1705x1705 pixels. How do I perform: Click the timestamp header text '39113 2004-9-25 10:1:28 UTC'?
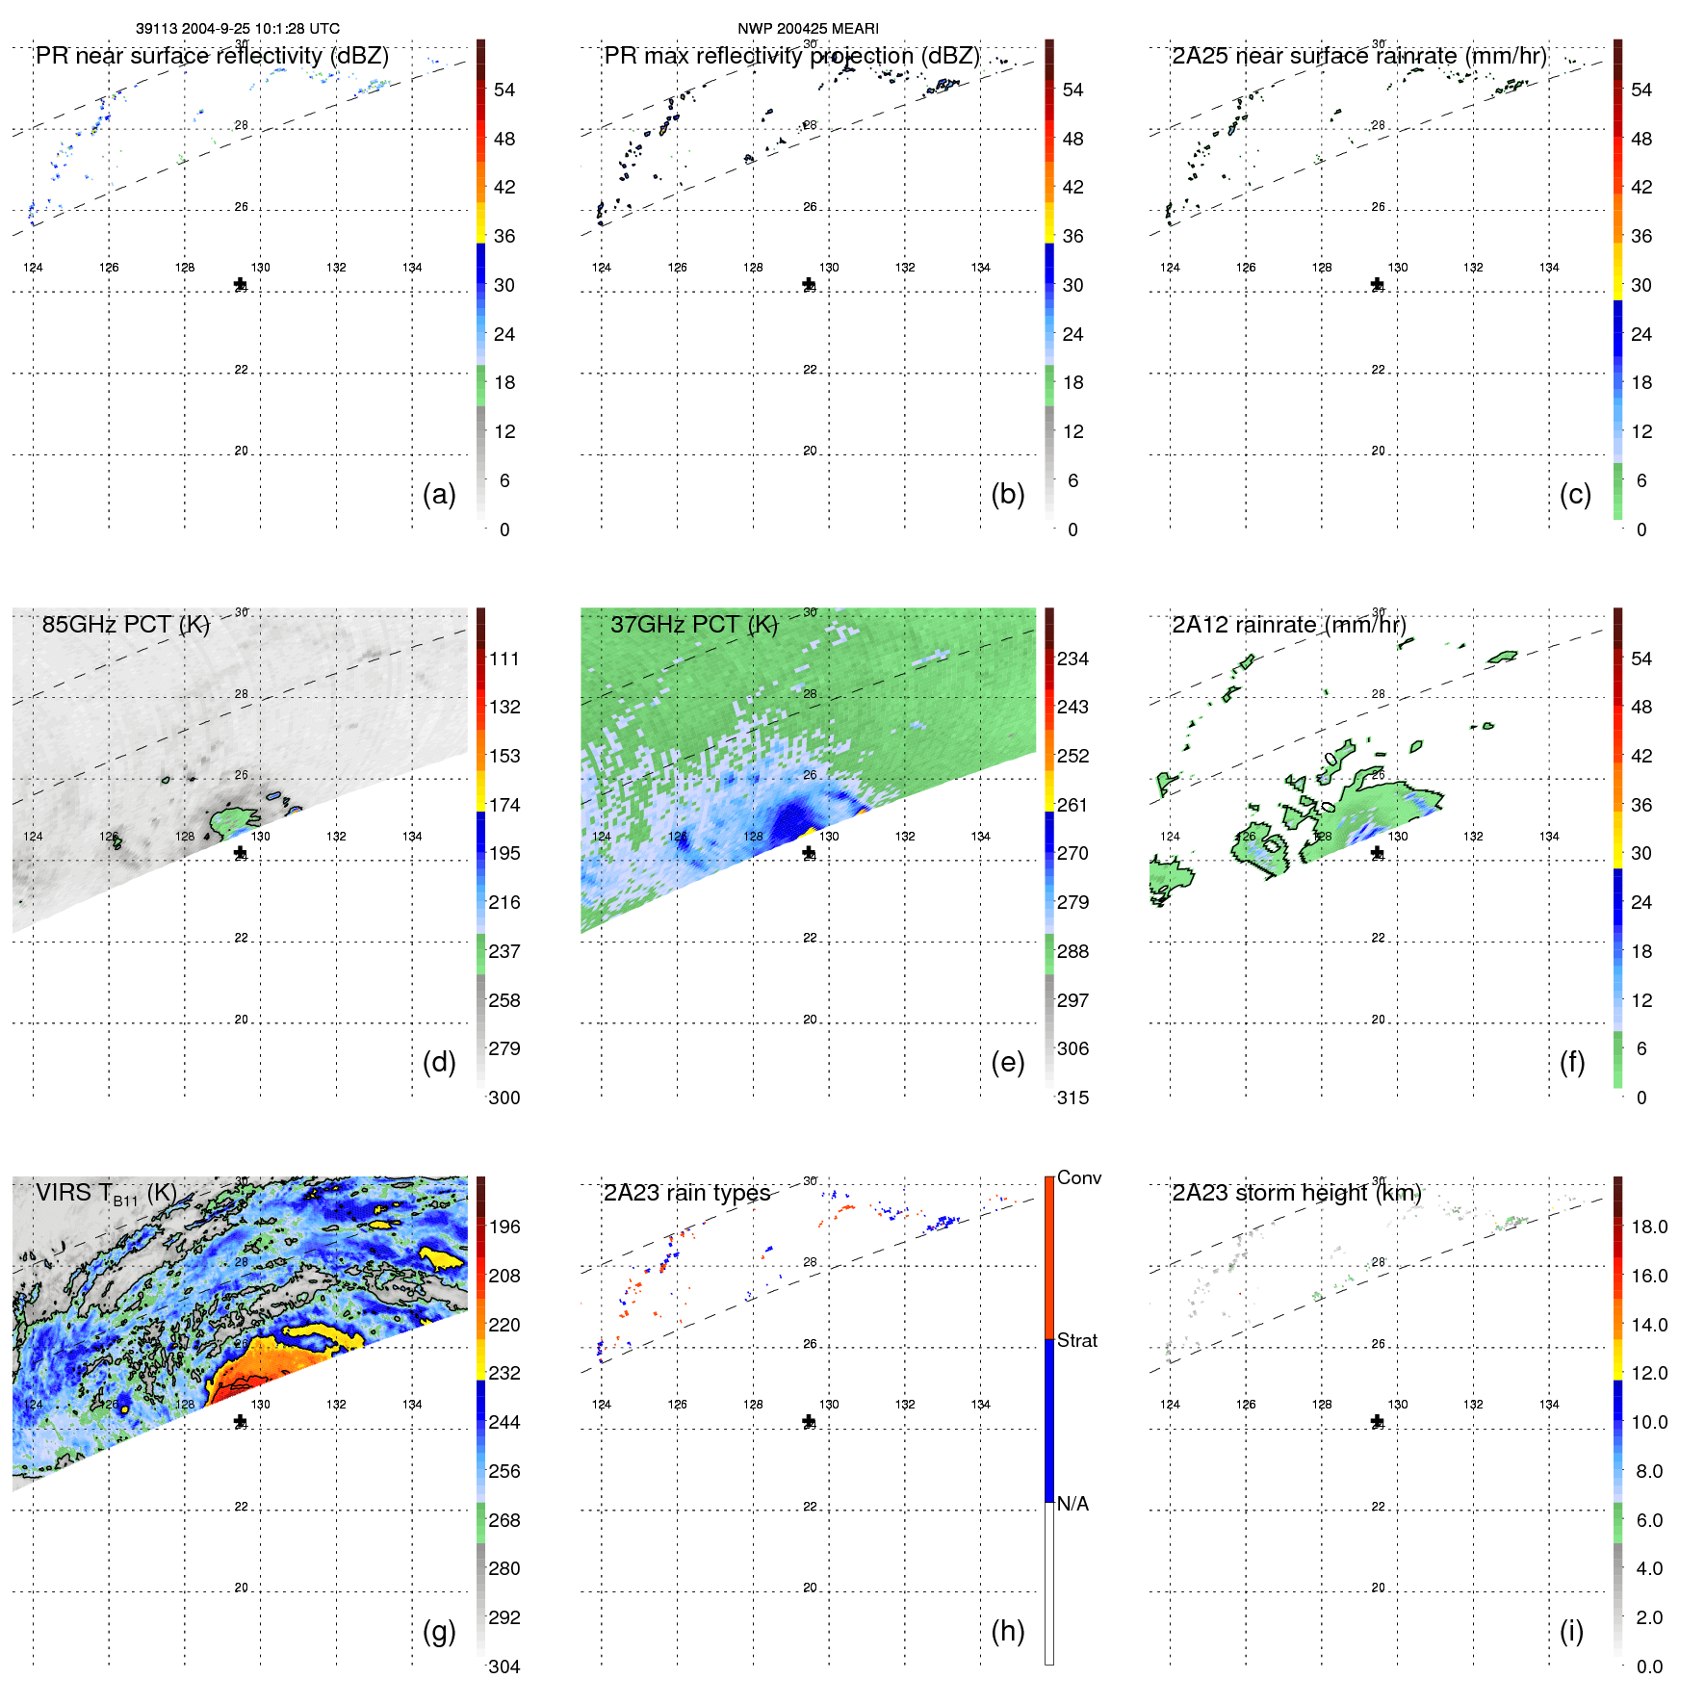pyautogui.click(x=237, y=29)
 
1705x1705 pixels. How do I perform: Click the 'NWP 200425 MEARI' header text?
pyautogui.click(x=808, y=29)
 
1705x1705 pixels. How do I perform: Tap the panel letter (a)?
pyautogui.click(x=439, y=494)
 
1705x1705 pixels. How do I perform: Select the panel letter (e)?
pyautogui.click(x=1007, y=1062)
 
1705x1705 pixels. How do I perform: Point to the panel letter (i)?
pyautogui.click(x=1571, y=1631)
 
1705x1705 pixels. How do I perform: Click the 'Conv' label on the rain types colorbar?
pyautogui.click(x=1078, y=1177)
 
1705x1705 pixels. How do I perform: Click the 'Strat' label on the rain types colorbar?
pyautogui.click(x=1076, y=1340)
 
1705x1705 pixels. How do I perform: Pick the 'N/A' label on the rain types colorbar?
pyautogui.click(x=1072, y=1504)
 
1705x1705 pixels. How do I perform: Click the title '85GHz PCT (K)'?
pyautogui.click(x=125, y=624)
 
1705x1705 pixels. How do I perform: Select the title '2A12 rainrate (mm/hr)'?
pyautogui.click(x=1288, y=624)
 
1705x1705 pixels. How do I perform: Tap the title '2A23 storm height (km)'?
pyautogui.click(x=1296, y=1193)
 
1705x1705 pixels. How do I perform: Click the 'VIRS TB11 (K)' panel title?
pyautogui.click(x=106, y=1194)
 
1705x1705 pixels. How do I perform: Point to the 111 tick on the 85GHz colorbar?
pyautogui.click(x=504, y=659)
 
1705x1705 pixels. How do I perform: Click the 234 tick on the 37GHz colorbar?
pyautogui.click(x=1072, y=659)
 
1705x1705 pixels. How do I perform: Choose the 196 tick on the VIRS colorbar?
pyautogui.click(x=504, y=1227)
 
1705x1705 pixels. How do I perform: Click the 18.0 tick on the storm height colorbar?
pyautogui.click(x=1648, y=1227)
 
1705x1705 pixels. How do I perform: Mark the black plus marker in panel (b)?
pyautogui.click(x=809, y=284)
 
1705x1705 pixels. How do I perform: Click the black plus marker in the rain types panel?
pyautogui.click(x=809, y=1421)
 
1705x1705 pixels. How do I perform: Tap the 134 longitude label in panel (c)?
pyautogui.click(x=1548, y=268)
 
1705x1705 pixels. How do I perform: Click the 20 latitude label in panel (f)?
pyautogui.click(x=1378, y=1020)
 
